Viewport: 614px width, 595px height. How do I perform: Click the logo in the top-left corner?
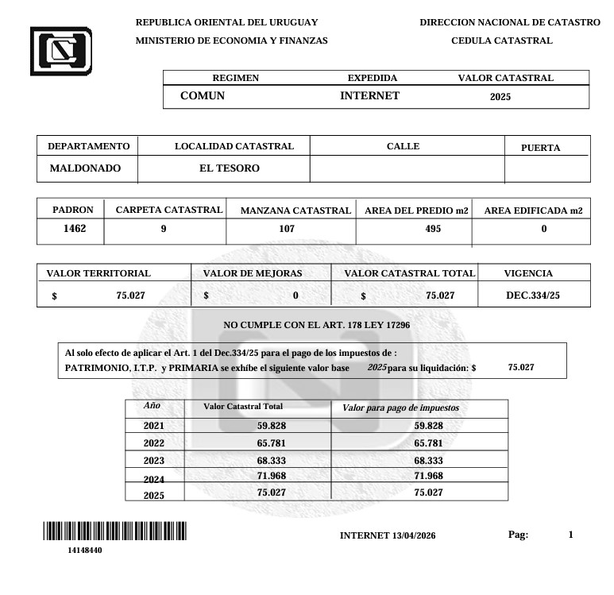click(x=60, y=51)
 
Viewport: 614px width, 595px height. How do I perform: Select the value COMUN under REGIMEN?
click(x=203, y=96)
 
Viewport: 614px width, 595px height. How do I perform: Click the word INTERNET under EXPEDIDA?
click(x=369, y=96)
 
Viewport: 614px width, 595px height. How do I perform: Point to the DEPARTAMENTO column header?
click(x=88, y=146)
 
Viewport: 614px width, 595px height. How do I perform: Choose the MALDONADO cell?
click(x=85, y=168)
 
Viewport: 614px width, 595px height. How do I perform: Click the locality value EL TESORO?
click(x=229, y=168)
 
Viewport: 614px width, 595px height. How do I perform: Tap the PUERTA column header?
click(x=540, y=148)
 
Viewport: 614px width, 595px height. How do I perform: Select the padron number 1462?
click(x=74, y=229)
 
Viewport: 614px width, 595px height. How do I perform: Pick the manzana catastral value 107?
click(x=287, y=229)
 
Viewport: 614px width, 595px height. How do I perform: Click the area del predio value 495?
click(x=434, y=229)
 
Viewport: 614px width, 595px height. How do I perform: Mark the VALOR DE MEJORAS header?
click(x=253, y=273)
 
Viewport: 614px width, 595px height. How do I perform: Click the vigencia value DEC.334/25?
click(x=533, y=296)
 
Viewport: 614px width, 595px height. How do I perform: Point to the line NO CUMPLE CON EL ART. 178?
click(x=316, y=326)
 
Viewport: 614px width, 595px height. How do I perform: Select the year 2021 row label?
click(x=153, y=426)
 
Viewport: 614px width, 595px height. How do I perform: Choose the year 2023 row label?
click(x=153, y=461)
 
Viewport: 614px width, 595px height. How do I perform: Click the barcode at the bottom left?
click(x=114, y=531)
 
